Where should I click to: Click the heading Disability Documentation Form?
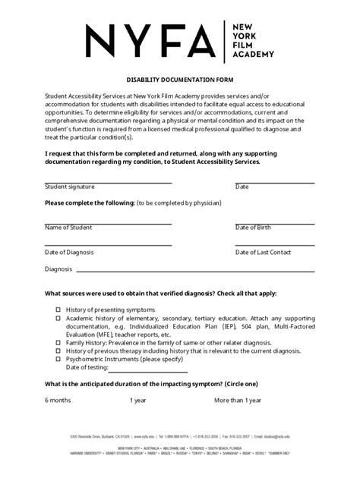[180, 80]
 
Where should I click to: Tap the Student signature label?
[69, 186]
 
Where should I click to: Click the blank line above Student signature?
[108, 182]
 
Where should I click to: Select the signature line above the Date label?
[274, 182]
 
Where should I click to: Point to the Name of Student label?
[68, 227]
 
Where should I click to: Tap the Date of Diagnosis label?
[69, 251]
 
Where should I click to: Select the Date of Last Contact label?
[263, 251]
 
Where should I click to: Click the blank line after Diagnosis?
[194, 269]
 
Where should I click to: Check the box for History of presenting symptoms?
[58, 310]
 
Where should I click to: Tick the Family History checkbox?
[58, 342]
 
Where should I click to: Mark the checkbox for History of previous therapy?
[58, 351]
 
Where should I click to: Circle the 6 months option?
[58, 400]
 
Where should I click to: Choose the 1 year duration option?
[138, 400]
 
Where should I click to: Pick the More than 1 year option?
[238, 400]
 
